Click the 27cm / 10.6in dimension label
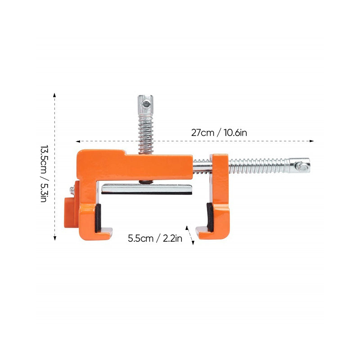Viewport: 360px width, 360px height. coord(219,133)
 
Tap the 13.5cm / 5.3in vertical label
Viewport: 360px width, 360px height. coord(44,174)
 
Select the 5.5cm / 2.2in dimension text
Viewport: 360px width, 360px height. coord(155,238)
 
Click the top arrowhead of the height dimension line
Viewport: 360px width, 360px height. coord(54,95)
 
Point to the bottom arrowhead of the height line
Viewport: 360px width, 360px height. coord(54,238)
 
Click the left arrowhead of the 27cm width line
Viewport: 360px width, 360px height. coord(78,141)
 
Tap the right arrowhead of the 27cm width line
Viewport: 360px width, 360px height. coord(311,141)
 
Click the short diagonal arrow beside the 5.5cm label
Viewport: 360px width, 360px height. coord(190,235)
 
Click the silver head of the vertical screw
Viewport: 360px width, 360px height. coord(145,105)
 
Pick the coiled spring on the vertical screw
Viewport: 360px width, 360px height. coord(145,134)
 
